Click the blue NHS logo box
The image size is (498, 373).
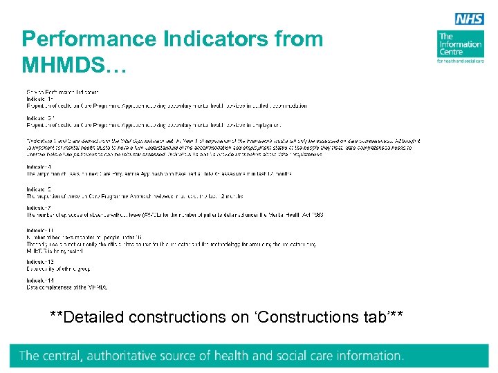[469, 19]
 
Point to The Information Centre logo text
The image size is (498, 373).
[460, 44]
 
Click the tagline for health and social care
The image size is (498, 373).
[460, 61]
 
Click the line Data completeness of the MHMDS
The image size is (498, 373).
[67, 287]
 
